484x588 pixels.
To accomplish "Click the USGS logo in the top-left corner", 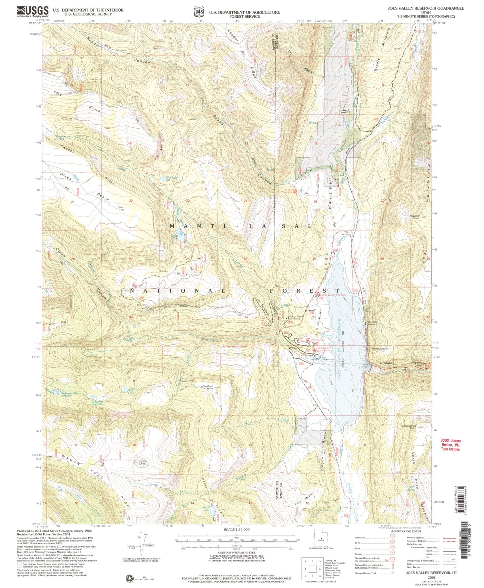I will [x=33, y=12].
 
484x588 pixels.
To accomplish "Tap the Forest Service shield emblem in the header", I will [x=198, y=12].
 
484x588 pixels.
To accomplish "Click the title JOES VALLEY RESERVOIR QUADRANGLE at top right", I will [x=426, y=8].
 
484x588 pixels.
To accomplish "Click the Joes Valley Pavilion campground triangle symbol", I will [x=318, y=294].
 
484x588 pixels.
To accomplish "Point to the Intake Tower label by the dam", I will [x=365, y=366].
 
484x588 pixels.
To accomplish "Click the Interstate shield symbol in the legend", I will [x=391, y=538].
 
